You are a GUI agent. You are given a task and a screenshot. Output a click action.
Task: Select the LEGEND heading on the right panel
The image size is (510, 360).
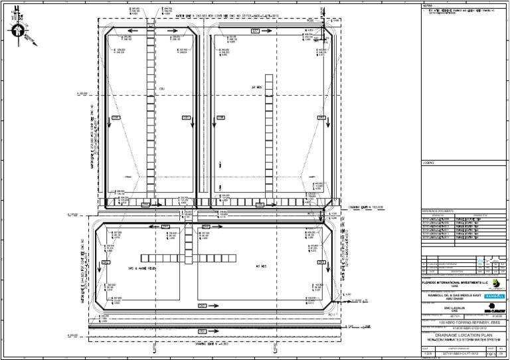428,163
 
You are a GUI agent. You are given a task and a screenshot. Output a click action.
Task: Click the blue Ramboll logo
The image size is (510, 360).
495,296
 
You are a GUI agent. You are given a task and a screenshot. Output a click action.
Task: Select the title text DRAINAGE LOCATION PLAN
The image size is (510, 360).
462,335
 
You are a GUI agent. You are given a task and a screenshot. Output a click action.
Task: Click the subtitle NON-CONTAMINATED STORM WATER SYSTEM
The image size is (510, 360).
462,340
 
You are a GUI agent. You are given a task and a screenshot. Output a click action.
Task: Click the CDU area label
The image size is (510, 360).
161,88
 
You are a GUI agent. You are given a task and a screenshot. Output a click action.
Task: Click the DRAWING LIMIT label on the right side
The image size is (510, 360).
365,207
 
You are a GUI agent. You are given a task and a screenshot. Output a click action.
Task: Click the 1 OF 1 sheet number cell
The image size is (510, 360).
493,353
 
